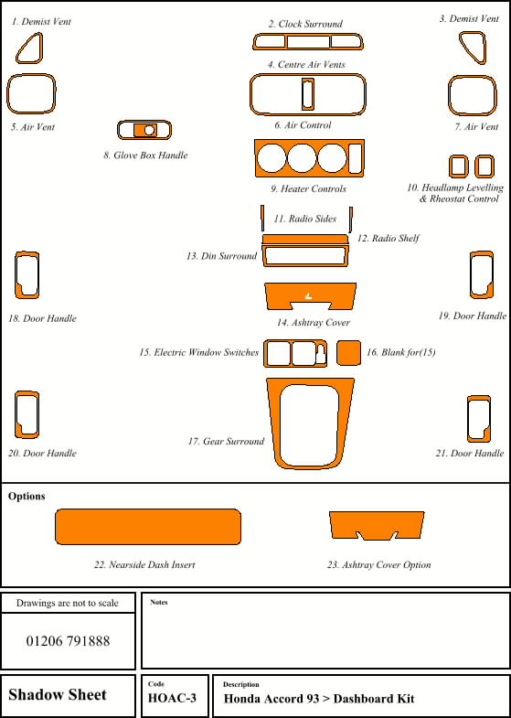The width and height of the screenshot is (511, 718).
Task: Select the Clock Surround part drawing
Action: [x=308, y=35]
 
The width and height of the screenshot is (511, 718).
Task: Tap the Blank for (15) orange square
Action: [x=348, y=352]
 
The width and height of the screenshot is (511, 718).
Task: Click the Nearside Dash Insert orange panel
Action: [x=148, y=527]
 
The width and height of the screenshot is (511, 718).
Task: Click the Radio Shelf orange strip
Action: [x=305, y=239]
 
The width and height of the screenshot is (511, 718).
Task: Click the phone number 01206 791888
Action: [x=69, y=640]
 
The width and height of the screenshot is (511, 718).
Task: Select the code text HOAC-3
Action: [x=172, y=698]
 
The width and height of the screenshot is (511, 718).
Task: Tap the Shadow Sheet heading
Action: [x=58, y=694]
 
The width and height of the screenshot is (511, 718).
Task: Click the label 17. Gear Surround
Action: [x=226, y=442]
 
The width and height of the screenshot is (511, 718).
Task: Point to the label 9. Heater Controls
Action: [x=308, y=188]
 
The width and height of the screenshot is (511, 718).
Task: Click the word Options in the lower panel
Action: [x=27, y=497]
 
